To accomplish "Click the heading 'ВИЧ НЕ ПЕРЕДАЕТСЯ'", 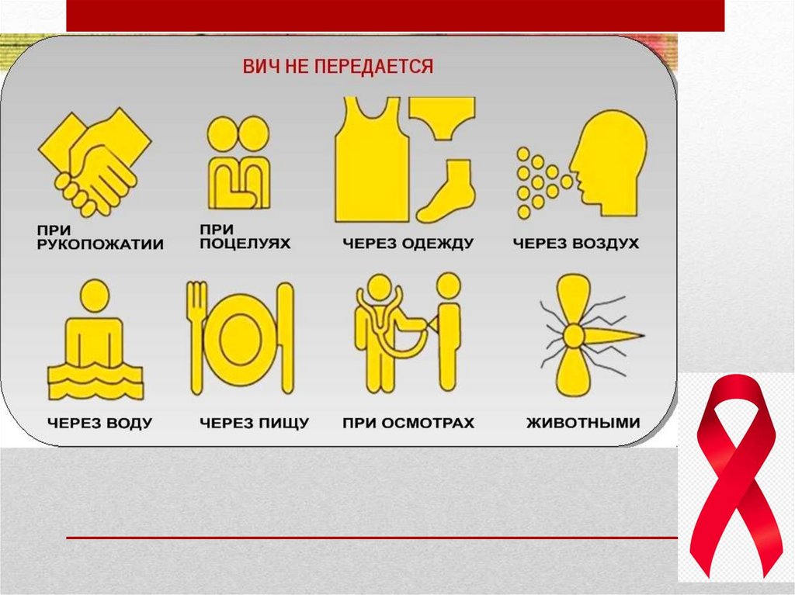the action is (x=338, y=67).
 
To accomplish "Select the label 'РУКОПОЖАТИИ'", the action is (x=100, y=244).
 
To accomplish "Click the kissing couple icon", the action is (x=239, y=162).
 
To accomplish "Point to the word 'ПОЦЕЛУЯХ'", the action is (x=245, y=244).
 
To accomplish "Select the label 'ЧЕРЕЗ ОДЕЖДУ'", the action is (x=408, y=244).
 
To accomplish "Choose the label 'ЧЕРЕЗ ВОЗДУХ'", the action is (x=576, y=244).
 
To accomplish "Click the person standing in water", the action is (x=95, y=340).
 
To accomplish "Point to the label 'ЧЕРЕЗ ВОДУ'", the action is (x=100, y=424).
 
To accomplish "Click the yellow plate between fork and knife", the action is (x=241, y=337).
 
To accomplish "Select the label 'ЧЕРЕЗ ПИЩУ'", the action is (x=255, y=424).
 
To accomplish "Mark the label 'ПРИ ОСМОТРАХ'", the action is (x=408, y=424).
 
